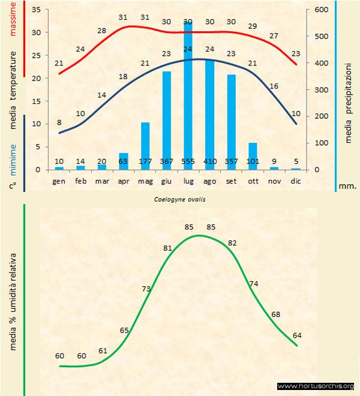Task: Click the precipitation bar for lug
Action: pos(188,96)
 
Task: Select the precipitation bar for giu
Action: pos(166,120)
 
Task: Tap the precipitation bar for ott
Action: pos(253,156)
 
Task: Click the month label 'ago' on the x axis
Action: pos(209,180)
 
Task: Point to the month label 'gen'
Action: pos(59,180)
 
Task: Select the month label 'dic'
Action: pos(295,180)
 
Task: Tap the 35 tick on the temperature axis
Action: pos(35,10)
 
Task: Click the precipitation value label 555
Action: pos(188,161)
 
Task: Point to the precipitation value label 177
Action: pos(145,161)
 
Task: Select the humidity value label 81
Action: pos(167,248)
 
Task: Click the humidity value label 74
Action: pos(254,283)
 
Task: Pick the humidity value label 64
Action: pos(298,335)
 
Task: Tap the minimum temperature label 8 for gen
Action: pos(59,122)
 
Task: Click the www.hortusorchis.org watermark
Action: pos(316,386)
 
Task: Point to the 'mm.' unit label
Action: pos(348,186)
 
